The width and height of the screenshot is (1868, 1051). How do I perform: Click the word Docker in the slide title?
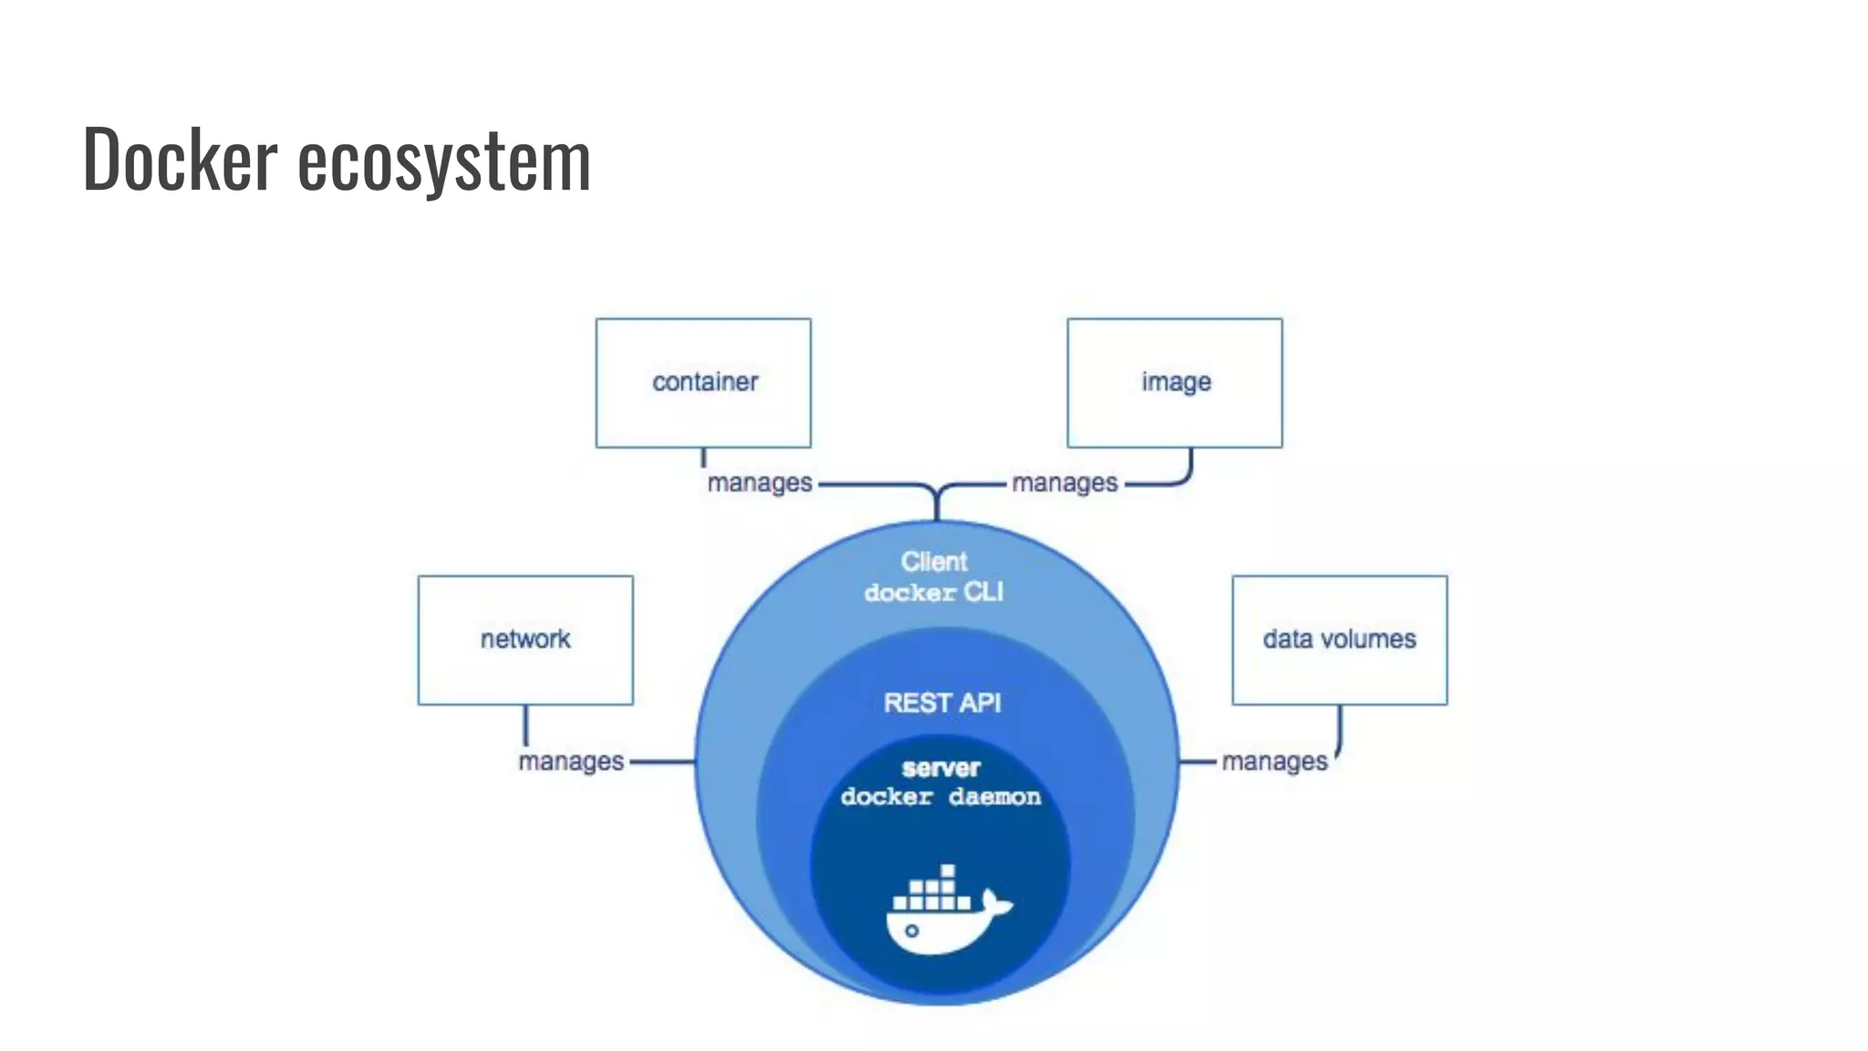click(180, 160)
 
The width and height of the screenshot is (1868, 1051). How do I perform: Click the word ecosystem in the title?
click(444, 162)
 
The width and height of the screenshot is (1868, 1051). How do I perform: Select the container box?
click(703, 382)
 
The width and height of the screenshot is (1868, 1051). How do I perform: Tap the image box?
click(1175, 382)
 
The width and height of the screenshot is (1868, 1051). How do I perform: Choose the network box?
click(525, 640)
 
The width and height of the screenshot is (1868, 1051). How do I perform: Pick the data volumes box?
click(1339, 640)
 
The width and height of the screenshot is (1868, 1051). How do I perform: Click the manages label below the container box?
click(760, 483)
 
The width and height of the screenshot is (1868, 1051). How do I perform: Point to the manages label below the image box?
click(1064, 483)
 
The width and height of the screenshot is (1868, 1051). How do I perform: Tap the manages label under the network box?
click(571, 761)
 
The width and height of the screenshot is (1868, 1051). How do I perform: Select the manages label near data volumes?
click(1274, 761)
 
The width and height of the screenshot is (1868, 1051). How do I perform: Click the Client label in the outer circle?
click(934, 561)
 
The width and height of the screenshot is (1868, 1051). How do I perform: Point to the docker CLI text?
click(934, 593)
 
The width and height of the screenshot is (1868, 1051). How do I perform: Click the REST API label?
click(942, 702)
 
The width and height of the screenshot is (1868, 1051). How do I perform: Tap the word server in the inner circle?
click(941, 768)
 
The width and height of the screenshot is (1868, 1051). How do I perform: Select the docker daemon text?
click(940, 797)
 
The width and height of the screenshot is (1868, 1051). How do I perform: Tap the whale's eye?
click(911, 931)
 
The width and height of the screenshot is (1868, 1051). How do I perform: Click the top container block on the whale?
click(948, 871)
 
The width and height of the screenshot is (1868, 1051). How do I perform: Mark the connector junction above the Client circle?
click(937, 494)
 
